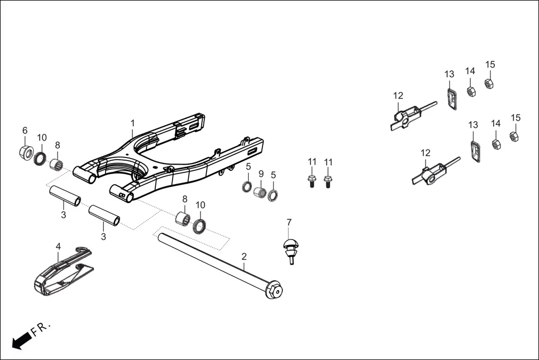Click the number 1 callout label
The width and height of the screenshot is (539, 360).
132,122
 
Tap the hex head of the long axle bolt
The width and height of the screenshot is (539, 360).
275,291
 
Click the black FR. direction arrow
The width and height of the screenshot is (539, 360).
21,339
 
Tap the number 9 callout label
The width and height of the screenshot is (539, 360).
260,174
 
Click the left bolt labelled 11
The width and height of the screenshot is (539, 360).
312,181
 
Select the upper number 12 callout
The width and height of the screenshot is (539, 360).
398,95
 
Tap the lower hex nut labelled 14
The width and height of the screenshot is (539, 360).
495,143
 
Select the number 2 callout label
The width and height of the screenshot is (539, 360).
244,257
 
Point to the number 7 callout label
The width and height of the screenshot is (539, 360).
289,222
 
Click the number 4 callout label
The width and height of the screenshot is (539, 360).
58,246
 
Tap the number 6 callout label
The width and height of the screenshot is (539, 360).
25,130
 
